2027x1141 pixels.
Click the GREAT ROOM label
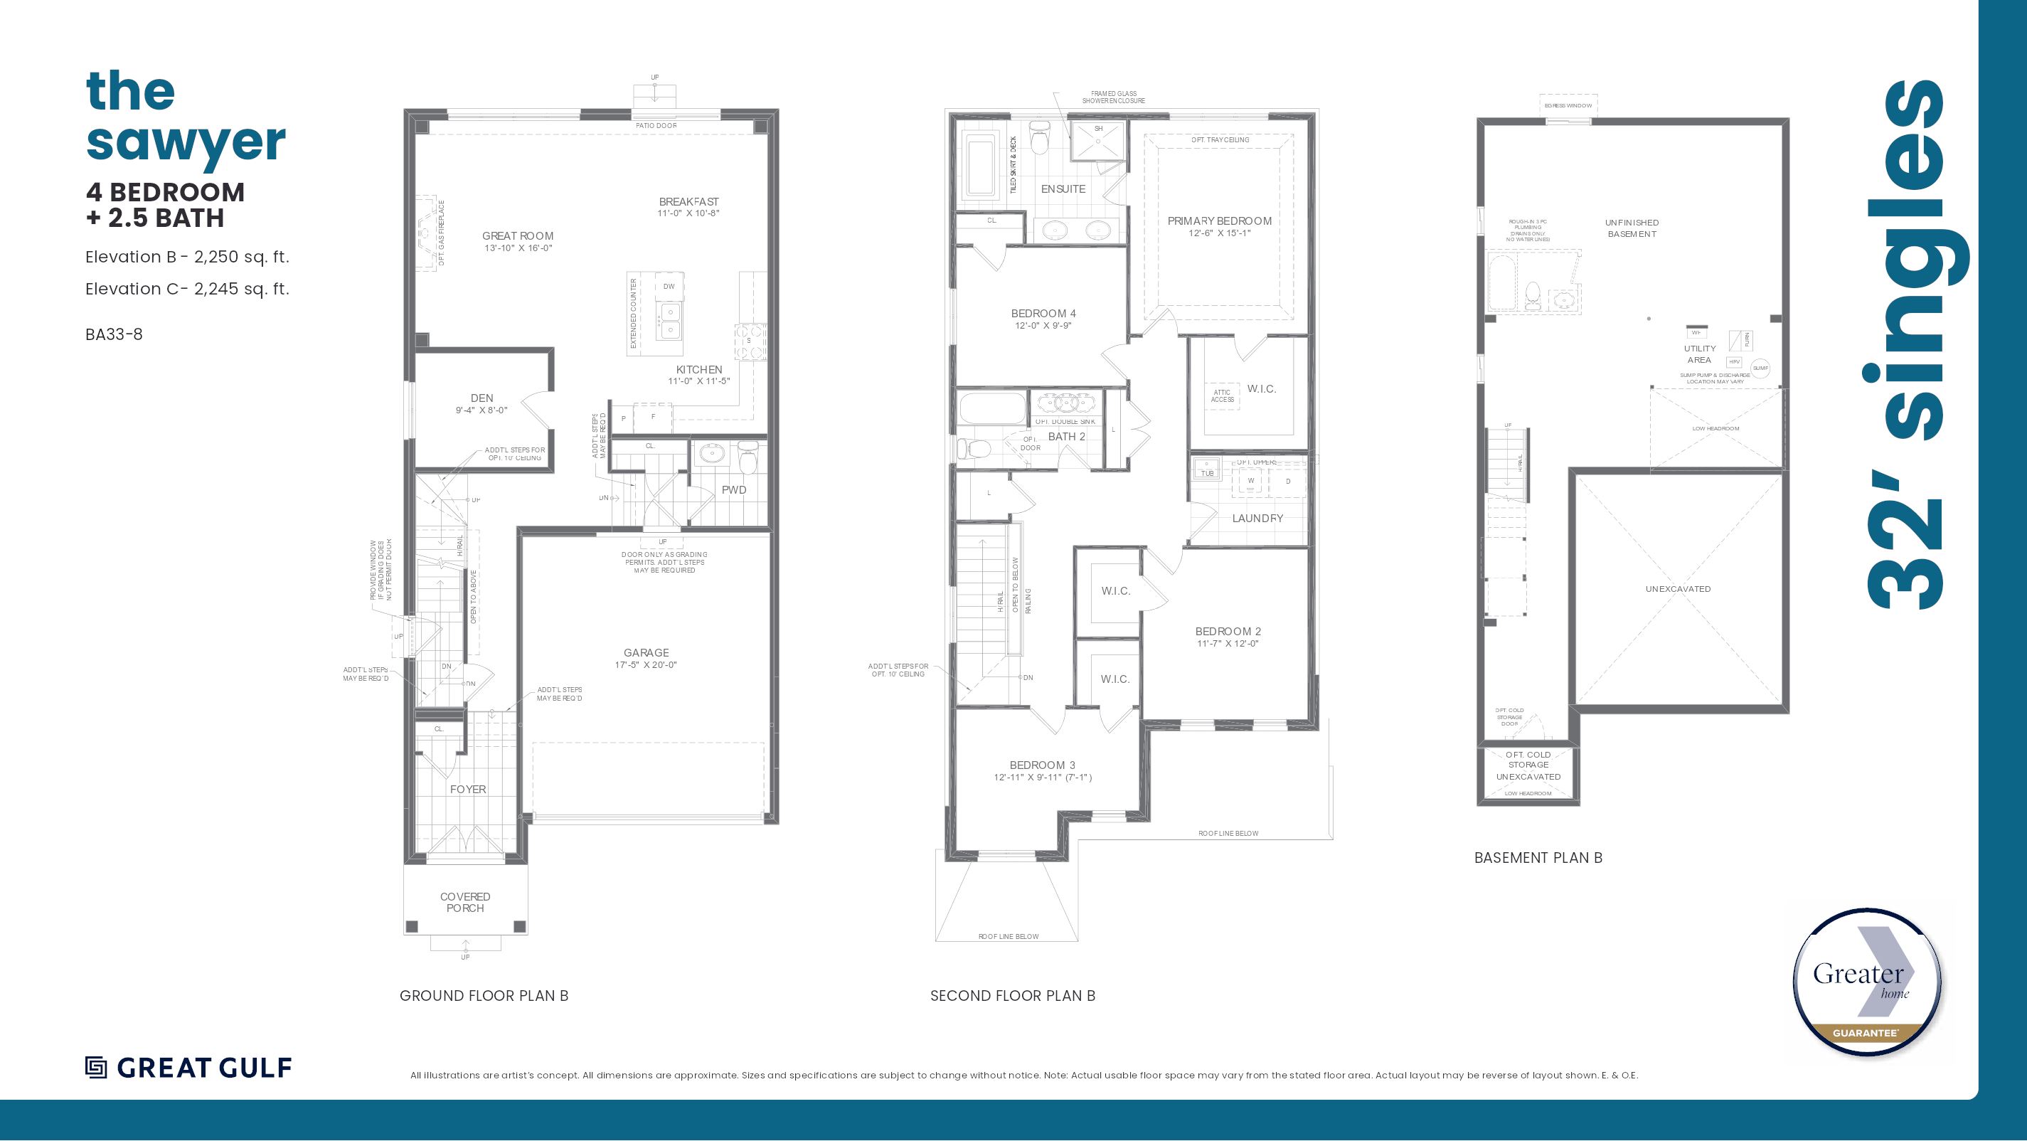(517, 236)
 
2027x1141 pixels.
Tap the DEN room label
(482, 398)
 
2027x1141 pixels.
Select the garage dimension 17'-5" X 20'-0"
(645, 665)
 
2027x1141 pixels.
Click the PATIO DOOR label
(656, 126)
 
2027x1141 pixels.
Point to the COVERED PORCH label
(465, 902)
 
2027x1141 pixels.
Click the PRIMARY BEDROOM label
(1219, 221)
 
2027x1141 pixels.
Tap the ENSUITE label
(1063, 189)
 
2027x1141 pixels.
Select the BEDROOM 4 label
(1043, 313)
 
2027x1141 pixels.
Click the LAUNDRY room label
(1257, 518)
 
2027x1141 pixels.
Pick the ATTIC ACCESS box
(1222, 396)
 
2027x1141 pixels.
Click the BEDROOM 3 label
(1042, 765)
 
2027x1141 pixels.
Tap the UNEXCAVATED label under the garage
(1678, 588)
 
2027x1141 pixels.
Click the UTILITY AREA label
(1700, 354)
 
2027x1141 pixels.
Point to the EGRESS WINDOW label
(1568, 105)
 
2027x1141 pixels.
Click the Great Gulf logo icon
(96, 1067)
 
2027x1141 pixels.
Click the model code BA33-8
(114, 334)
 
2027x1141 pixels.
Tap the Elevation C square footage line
(187, 289)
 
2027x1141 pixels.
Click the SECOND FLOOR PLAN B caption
(1012, 995)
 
